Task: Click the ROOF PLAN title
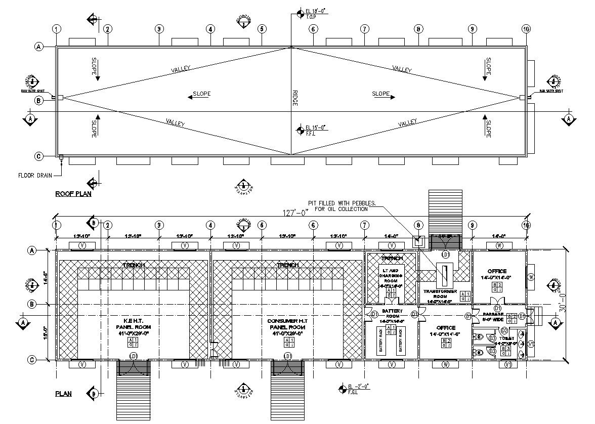[73, 194]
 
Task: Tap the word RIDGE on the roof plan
[295, 98]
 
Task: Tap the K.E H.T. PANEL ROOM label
[133, 327]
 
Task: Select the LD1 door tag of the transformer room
[446, 254]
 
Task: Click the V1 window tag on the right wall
[531, 344]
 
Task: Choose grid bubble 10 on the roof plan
[526, 29]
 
